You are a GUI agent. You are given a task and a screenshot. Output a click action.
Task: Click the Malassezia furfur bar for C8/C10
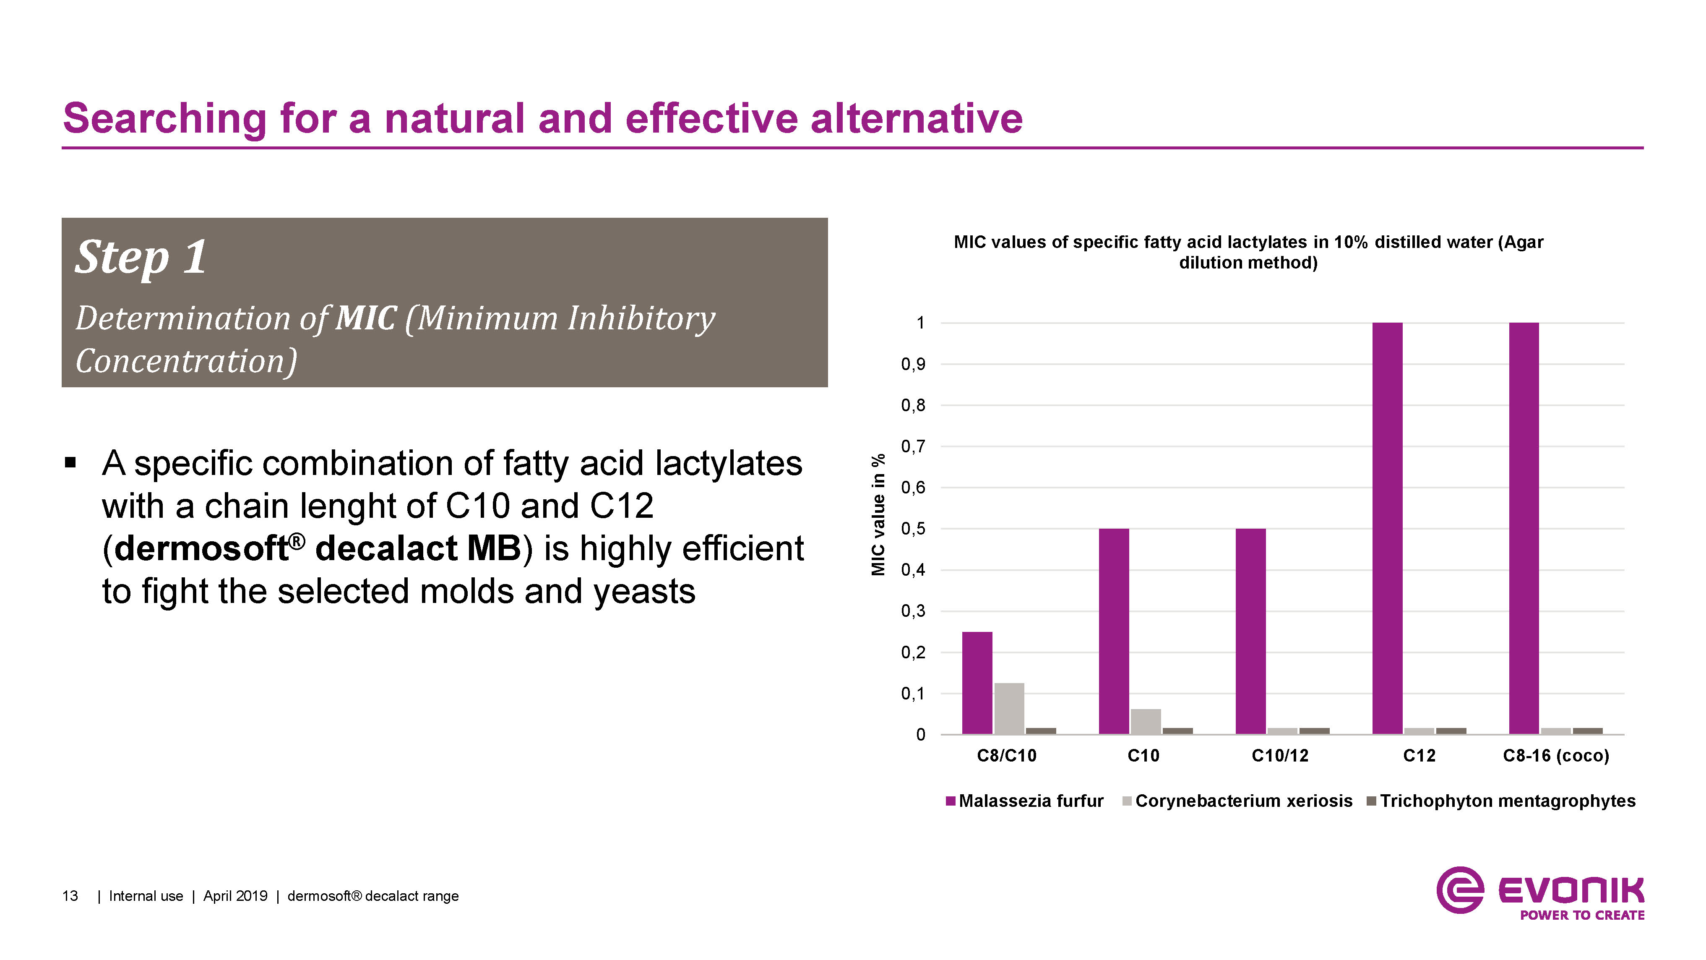977,682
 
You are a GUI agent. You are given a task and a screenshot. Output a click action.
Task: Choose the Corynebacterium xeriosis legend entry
1243,801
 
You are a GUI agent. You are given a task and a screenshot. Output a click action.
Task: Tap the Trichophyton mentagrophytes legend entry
1507,801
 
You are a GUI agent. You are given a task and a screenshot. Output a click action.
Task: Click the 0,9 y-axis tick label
913,364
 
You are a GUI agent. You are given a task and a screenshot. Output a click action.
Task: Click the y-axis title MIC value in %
878,515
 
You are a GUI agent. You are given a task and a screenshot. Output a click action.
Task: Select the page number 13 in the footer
70,896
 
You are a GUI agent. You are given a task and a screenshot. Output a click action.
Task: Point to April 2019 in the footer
235,896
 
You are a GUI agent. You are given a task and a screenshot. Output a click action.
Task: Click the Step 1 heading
141,257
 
